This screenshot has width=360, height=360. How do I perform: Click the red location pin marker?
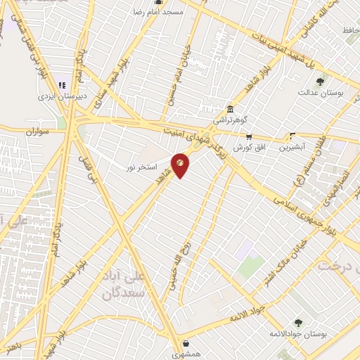(180, 165)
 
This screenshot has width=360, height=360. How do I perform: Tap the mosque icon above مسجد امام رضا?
(157, 3)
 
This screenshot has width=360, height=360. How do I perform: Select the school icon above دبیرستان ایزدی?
(62, 85)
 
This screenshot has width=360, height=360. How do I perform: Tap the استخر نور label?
(140, 167)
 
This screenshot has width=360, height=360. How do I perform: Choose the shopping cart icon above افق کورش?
(247, 137)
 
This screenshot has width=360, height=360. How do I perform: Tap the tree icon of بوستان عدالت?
(321, 82)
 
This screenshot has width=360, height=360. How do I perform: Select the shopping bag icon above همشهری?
(184, 344)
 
